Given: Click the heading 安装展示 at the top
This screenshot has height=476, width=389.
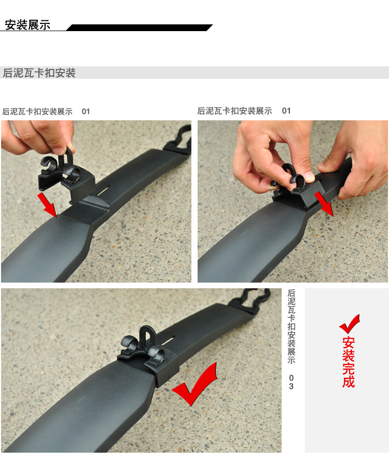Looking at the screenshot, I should tap(27, 25).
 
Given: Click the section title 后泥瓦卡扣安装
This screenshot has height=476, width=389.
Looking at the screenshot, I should tap(39, 73).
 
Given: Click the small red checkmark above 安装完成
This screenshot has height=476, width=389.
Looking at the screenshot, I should tap(349, 324).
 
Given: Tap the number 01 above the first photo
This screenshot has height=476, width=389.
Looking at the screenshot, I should tap(86, 111).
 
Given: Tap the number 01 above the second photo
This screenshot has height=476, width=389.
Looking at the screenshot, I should tap(286, 111).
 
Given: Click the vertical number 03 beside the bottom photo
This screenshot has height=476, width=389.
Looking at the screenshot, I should tap(291, 382).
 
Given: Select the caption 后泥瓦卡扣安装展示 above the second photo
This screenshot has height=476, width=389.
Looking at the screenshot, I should tap(234, 111).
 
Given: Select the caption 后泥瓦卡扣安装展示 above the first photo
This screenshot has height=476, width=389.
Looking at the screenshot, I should tap(37, 111).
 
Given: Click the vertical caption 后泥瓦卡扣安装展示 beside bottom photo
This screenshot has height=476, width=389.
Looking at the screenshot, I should tap(291, 326).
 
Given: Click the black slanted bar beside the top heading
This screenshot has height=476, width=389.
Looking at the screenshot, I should tap(140, 27).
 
